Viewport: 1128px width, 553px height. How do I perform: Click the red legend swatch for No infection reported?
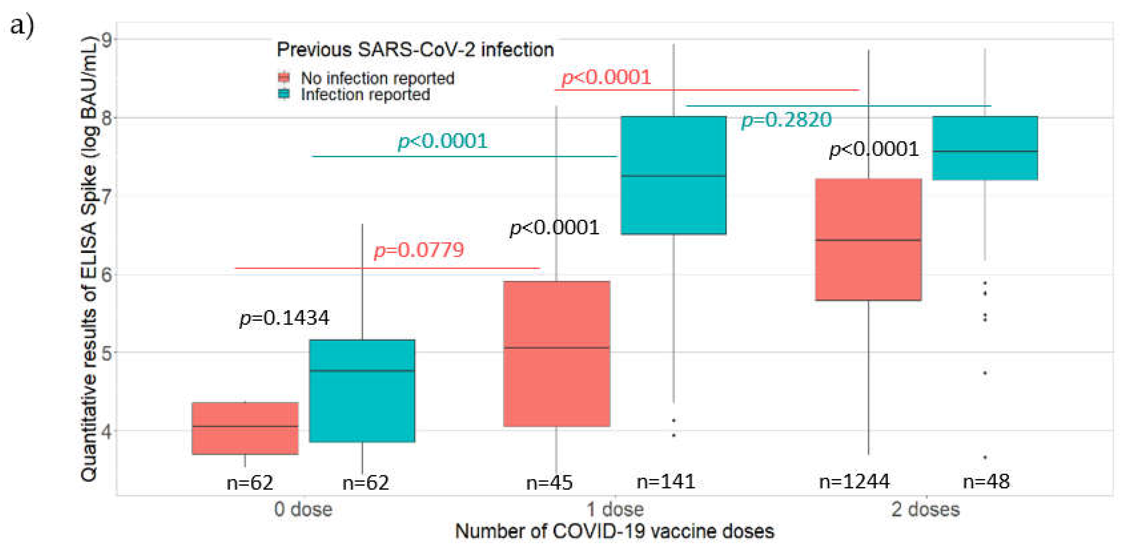[x=284, y=78]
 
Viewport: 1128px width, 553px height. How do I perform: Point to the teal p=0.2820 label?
[x=786, y=120]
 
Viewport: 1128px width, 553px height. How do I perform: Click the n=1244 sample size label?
[x=854, y=482]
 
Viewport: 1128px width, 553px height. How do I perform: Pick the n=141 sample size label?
[x=666, y=482]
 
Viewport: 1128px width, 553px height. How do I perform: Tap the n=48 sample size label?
[x=986, y=482]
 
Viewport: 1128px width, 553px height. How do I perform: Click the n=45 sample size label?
[x=549, y=483]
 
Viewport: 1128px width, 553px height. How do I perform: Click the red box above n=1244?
[x=868, y=271]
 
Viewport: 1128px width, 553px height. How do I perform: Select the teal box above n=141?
[x=673, y=205]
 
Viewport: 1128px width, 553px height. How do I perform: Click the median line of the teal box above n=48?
[x=985, y=151]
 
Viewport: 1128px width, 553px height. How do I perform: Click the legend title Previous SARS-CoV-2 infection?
[x=415, y=50]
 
